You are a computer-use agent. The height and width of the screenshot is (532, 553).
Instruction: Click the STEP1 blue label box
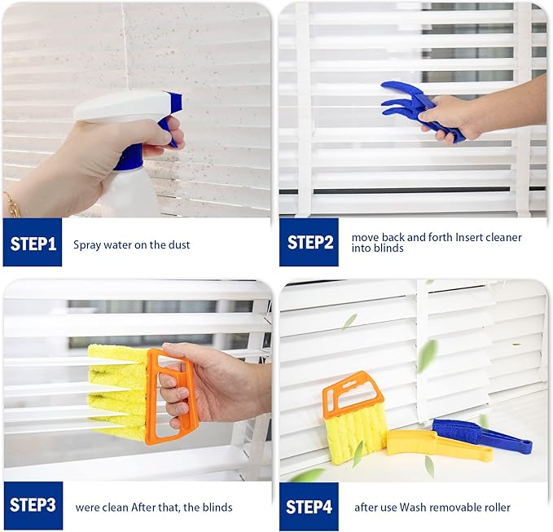[x=33, y=243]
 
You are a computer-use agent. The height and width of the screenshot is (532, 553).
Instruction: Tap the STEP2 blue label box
[x=309, y=243]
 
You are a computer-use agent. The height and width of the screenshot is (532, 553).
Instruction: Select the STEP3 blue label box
[x=33, y=506]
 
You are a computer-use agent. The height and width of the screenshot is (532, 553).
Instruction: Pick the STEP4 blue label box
[x=309, y=506]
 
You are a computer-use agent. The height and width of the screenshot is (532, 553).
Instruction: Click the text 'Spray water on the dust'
[x=131, y=244]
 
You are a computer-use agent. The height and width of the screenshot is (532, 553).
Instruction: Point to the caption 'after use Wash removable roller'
[x=432, y=507]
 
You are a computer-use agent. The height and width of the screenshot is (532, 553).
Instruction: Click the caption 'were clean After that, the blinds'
[x=154, y=507]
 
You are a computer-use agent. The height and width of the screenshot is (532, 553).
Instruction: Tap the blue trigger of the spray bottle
[x=172, y=122]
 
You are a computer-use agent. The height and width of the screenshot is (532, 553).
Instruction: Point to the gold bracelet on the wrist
[x=12, y=204]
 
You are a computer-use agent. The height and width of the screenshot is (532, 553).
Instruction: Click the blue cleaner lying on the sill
[x=481, y=436]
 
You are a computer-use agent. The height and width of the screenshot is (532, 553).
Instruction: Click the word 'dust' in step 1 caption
[x=178, y=244]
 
